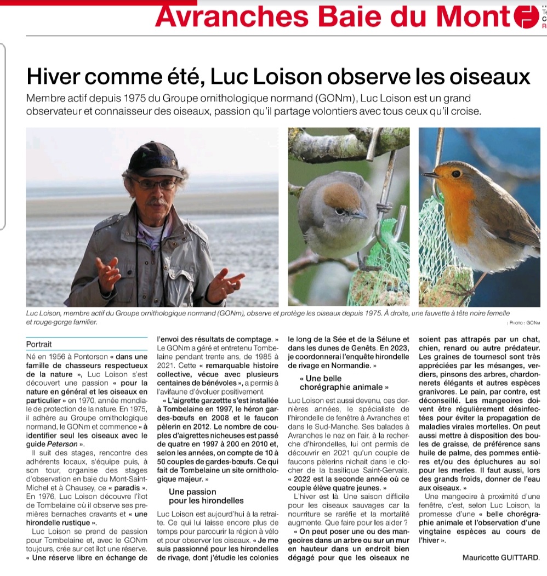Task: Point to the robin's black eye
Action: [x=455, y=173]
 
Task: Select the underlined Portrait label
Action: [x=39, y=345]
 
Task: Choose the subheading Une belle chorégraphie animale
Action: [x=340, y=383]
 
